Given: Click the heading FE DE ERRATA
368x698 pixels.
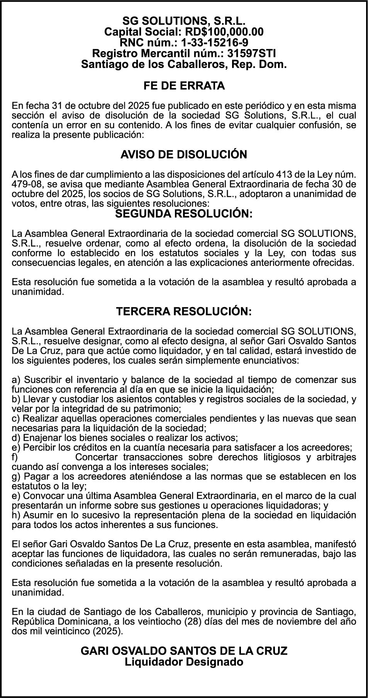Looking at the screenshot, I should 184,85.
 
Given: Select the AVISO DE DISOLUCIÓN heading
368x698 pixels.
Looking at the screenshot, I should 184,154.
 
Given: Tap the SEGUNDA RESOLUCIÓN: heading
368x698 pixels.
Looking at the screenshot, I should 184,214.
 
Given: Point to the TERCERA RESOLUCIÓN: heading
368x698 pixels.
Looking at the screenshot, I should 184,311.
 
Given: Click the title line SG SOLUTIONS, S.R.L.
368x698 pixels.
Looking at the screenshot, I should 184,21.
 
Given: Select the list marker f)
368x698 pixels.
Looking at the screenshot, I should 15,457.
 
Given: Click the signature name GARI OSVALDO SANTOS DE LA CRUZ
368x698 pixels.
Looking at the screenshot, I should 184,650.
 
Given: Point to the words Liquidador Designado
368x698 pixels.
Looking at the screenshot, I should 184,662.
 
